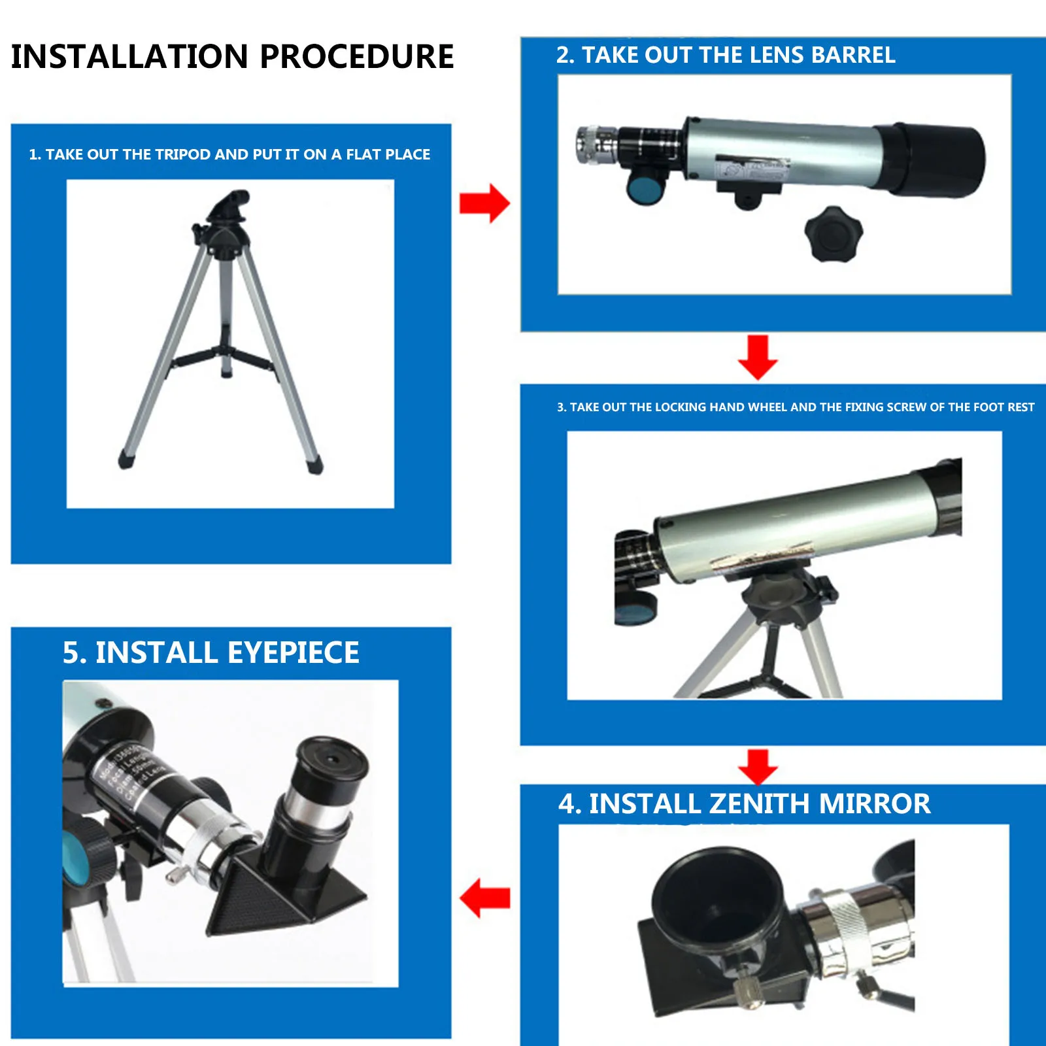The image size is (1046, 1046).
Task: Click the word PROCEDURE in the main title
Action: click(356, 56)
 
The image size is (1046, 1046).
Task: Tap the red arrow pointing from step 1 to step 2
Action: click(484, 203)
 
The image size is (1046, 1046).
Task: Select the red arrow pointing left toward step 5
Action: click(484, 898)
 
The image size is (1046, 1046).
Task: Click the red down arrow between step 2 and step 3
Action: click(758, 357)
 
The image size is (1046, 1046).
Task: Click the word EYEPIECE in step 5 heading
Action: click(293, 653)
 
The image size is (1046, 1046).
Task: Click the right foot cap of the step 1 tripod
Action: click(314, 465)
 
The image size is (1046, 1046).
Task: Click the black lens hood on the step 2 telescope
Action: click(932, 160)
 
